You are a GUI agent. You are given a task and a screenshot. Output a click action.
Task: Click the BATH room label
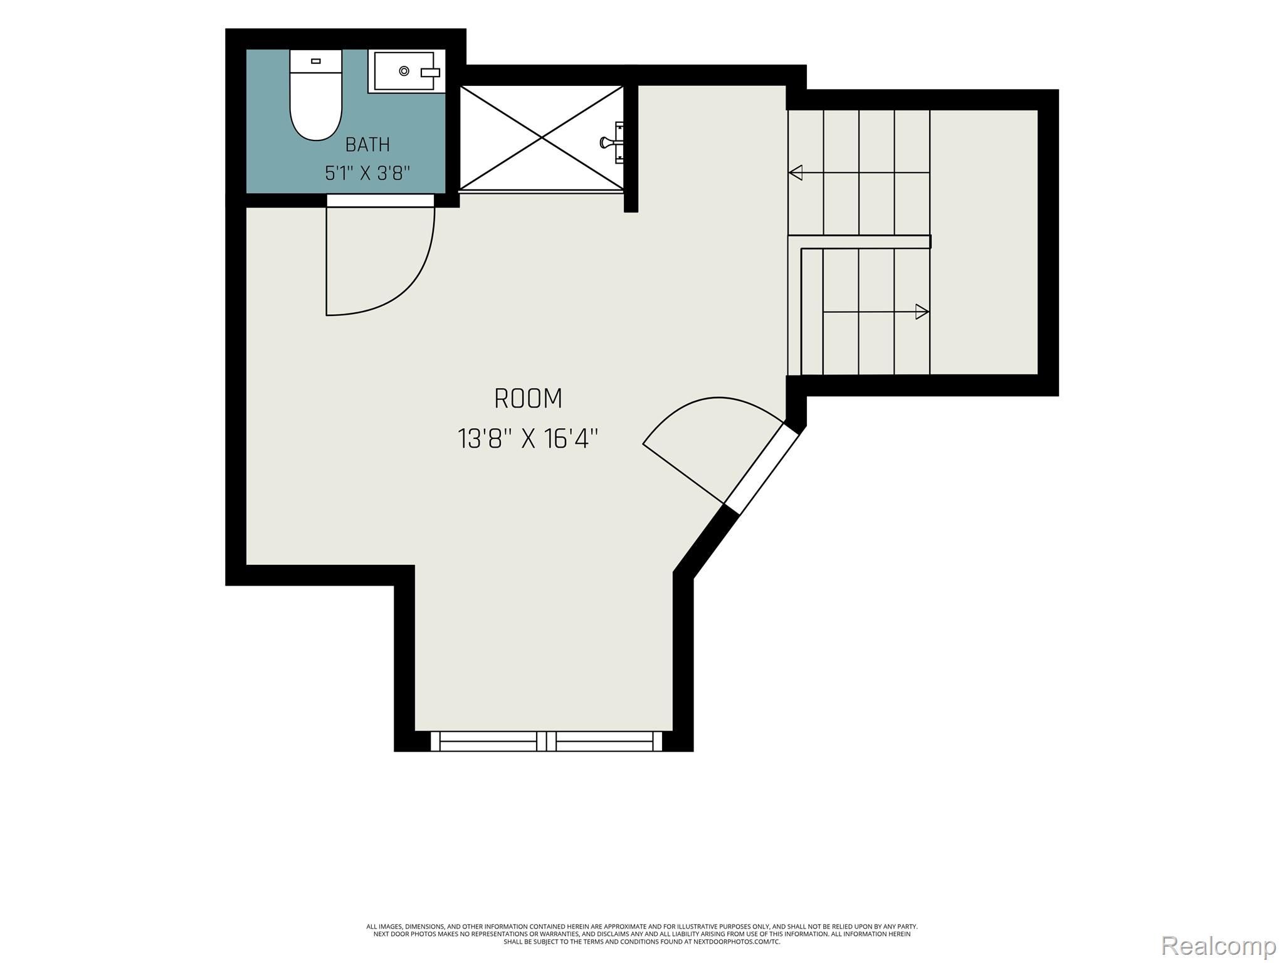[x=367, y=145]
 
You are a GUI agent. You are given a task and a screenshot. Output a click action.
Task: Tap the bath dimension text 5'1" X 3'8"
[x=367, y=173]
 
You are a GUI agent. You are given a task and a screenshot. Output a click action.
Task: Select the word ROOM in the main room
[x=528, y=399]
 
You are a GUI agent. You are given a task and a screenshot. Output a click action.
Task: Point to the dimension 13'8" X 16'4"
[x=528, y=439]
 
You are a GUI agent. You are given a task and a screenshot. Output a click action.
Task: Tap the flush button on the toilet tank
[x=316, y=61]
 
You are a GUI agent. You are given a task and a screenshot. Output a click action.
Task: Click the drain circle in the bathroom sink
[x=404, y=71]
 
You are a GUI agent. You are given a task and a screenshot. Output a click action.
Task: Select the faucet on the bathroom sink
[x=430, y=73]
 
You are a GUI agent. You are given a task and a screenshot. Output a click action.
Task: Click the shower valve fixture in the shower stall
[x=613, y=142]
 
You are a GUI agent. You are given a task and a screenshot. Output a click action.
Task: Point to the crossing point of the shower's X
[x=542, y=137]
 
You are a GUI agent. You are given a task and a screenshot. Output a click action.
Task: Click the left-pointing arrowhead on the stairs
[x=796, y=172]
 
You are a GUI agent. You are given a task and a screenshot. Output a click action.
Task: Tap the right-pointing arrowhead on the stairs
[x=922, y=312]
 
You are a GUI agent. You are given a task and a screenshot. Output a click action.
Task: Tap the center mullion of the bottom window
[x=547, y=741]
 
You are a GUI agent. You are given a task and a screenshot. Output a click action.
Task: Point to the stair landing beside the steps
[x=984, y=242]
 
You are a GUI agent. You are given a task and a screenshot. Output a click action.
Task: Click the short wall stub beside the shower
[x=631, y=149]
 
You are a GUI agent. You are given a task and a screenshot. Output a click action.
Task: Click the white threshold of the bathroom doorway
[x=381, y=201]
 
